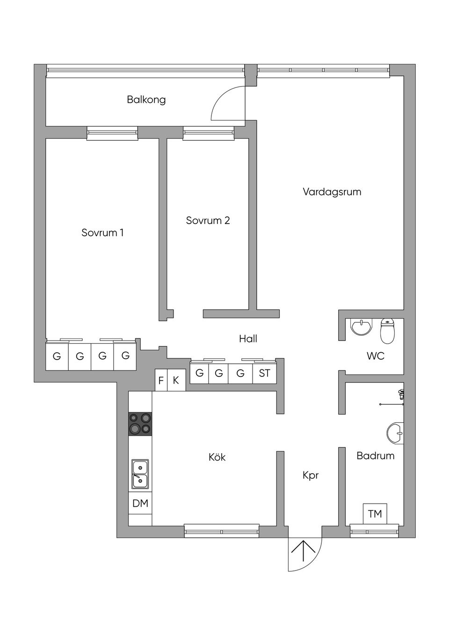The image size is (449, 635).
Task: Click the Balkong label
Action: (x=146, y=100)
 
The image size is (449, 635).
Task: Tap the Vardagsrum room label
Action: (x=332, y=192)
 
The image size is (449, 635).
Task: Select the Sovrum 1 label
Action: (x=102, y=232)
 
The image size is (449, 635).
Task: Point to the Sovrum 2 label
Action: (x=208, y=220)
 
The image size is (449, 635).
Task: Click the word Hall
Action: (x=248, y=339)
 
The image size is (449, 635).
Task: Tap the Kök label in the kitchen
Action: (x=217, y=457)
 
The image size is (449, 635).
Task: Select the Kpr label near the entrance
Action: (x=311, y=475)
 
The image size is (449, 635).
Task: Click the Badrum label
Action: (x=375, y=455)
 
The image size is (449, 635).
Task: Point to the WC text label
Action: (x=375, y=356)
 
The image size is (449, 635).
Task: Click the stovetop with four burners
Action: (x=140, y=424)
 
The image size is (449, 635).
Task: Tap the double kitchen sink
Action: (x=140, y=474)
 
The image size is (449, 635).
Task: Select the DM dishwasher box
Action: (x=140, y=503)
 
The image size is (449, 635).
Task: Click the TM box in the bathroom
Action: (x=375, y=514)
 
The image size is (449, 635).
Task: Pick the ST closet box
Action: (x=264, y=373)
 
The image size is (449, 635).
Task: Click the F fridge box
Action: (x=161, y=380)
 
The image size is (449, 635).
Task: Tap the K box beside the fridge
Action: (x=176, y=380)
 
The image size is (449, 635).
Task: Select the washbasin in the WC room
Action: (x=361, y=327)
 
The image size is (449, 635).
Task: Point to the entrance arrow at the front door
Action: (x=304, y=552)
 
